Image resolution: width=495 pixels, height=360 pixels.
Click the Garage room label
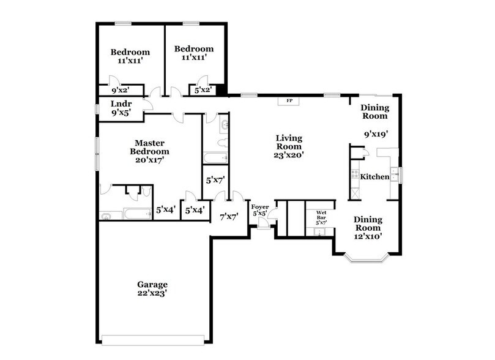(152, 285)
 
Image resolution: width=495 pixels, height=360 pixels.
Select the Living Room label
(288, 142)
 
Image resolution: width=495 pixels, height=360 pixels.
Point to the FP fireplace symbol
(289, 101)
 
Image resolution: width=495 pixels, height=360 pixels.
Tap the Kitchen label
(374, 177)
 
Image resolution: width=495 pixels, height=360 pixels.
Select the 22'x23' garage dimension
(152, 294)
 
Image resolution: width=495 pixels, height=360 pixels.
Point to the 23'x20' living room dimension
(288, 156)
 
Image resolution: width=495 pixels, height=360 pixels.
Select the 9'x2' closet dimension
(121, 90)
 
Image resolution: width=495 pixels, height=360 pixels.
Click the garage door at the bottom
(154, 339)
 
